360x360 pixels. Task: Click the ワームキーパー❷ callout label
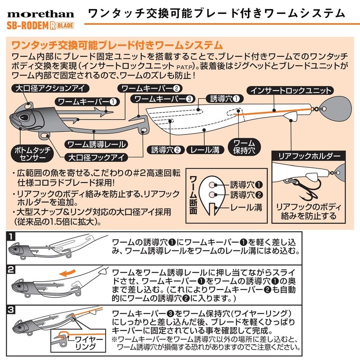tap(151, 88)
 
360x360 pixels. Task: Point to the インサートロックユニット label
tap(292, 90)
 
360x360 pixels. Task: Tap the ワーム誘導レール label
tap(96, 144)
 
